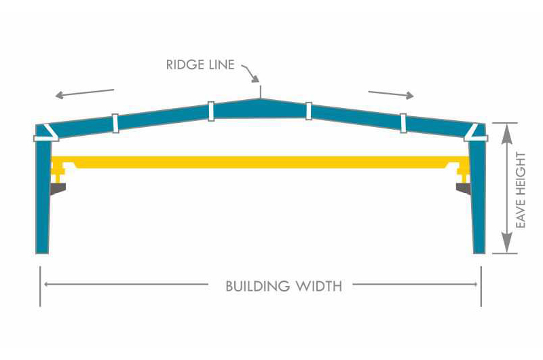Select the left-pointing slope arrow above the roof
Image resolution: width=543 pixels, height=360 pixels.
click(x=85, y=92)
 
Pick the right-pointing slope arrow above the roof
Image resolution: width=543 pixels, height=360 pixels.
click(x=391, y=93)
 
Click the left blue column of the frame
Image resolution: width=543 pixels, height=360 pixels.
click(x=43, y=197)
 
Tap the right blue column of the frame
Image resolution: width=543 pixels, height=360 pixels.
click(x=479, y=197)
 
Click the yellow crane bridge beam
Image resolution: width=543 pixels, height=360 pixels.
click(x=261, y=162)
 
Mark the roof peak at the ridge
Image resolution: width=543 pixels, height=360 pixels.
click(x=260, y=100)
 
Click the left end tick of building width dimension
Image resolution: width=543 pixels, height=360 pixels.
click(x=41, y=285)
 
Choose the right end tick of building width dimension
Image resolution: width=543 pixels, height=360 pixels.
click(x=481, y=285)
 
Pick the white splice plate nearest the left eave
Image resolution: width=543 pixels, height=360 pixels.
click(x=115, y=122)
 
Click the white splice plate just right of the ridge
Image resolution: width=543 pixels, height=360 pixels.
click(x=309, y=110)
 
